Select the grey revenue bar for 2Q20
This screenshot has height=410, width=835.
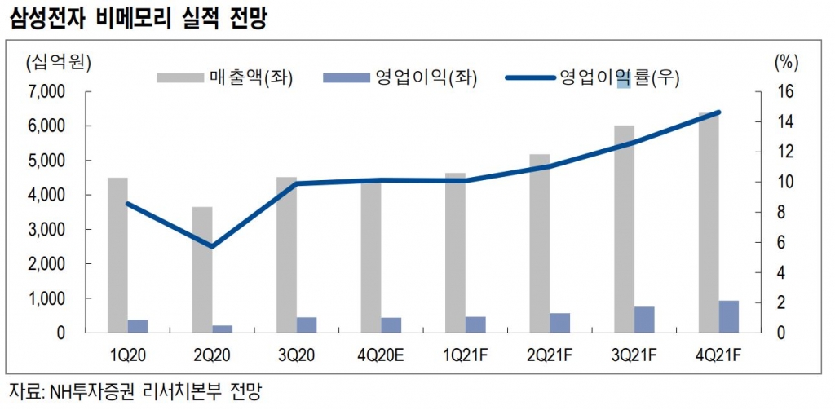[202, 269]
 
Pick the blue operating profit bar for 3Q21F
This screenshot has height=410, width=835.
[644, 320]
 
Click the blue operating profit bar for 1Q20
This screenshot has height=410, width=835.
[138, 326]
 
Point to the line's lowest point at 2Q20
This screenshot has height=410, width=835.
[213, 246]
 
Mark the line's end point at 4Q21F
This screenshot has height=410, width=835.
[718, 112]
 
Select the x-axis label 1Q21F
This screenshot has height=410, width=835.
[466, 356]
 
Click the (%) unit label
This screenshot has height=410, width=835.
[784, 61]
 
